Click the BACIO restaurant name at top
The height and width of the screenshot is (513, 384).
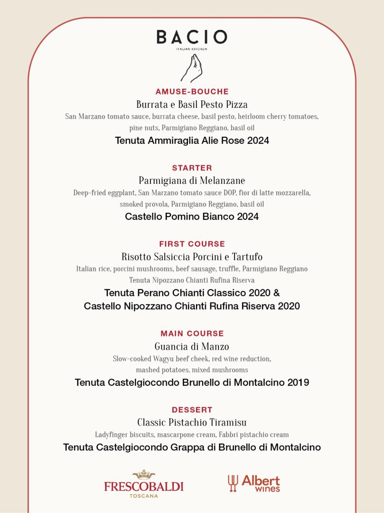pos(192,37)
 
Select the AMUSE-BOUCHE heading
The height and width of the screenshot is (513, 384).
pos(192,92)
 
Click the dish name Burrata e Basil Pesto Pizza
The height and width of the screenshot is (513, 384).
pos(192,104)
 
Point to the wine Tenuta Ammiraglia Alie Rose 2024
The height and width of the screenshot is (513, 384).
pos(192,141)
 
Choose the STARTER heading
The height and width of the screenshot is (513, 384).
pos(192,168)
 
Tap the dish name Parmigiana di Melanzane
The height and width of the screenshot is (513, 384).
pos(192,180)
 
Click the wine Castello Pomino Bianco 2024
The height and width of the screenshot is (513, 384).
pos(192,217)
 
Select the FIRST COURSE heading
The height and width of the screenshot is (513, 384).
pos(192,244)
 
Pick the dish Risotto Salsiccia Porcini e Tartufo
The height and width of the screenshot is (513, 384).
pos(192,257)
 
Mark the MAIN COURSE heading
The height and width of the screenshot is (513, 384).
pos(192,333)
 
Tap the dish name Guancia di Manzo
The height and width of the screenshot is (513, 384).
pos(192,347)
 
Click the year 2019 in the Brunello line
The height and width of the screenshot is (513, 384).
pos(298,382)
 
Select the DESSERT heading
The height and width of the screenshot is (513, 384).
pos(192,409)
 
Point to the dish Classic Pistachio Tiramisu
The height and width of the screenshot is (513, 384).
pos(192,423)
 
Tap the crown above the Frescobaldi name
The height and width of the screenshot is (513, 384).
pos(144,475)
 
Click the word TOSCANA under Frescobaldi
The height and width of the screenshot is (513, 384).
pos(144,496)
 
